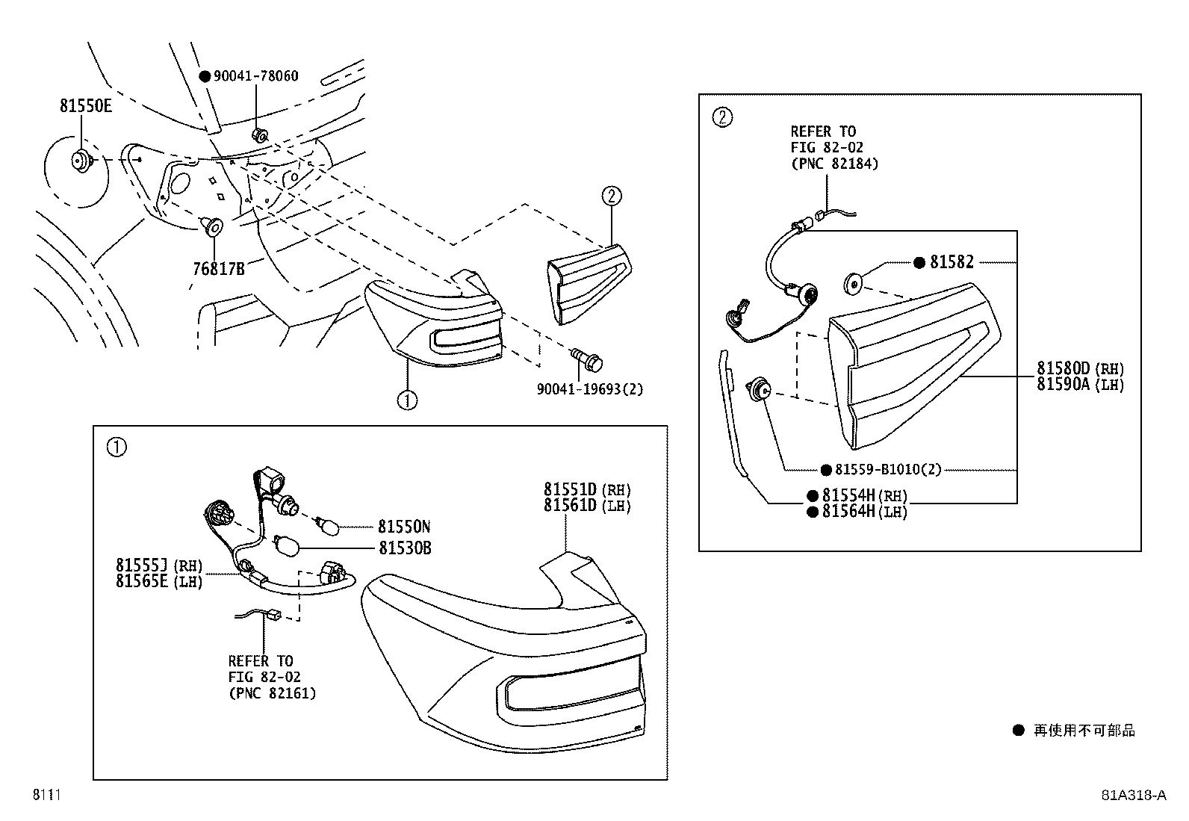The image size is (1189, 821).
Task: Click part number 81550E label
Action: tap(86, 106)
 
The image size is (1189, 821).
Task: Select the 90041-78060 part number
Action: tap(255, 76)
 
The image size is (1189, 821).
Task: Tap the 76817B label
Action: tap(218, 268)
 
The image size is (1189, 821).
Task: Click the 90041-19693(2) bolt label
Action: tap(589, 389)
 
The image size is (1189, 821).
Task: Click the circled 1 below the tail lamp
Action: tap(407, 400)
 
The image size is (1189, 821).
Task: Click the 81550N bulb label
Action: tap(403, 526)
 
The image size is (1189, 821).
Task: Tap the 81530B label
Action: tap(404, 548)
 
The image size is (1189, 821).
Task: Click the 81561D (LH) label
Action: tap(587, 506)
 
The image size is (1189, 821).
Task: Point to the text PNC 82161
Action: tap(272, 693)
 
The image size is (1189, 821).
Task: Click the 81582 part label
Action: tap(951, 262)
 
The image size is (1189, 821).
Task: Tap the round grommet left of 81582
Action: tap(854, 284)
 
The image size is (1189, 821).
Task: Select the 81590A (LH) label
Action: tap(1079, 384)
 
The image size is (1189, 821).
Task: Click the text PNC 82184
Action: tap(834, 164)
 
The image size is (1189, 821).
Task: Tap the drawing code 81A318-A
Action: tap(1133, 795)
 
